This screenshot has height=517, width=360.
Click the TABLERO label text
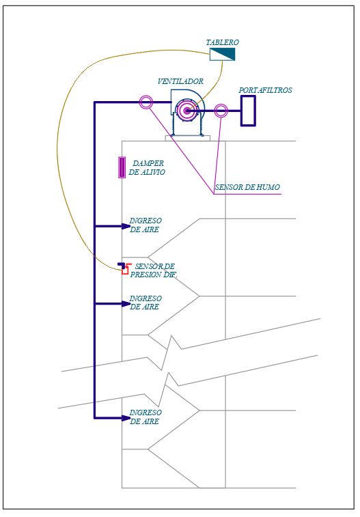pyautogui.click(x=223, y=42)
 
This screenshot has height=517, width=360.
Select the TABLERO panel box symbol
pyautogui.click(x=223, y=55)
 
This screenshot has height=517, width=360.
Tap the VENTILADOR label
pyautogui.click(x=180, y=81)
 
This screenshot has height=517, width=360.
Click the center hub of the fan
pyautogui.click(x=187, y=111)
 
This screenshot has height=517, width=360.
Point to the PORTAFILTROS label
pyautogui.click(x=265, y=90)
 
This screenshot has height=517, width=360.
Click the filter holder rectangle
pyautogui.click(x=248, y=111)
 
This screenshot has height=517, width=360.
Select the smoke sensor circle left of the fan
pyautogui.click(x=146, y=102)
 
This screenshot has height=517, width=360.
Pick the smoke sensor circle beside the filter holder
pyautogui.click(x=221, y=111)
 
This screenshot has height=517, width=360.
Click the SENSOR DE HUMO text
pyautogui.click(x=247, y=187)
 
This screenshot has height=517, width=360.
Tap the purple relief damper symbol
pyautogui.click(x=122, y=167)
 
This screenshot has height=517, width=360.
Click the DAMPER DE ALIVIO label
pyautogui.click(x=147, y=167)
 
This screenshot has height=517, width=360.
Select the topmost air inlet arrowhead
pyautogui.click(x=126, y=226)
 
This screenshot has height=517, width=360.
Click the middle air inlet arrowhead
pyautogui.click(x=126, y=304)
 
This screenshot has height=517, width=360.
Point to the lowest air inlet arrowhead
pyautogui.click(x=126, y=418)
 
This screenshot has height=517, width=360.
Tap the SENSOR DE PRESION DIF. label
pyautogui.click(x=154, y=270)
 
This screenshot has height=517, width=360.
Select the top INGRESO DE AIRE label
pyautogui.click(x=146, y=225)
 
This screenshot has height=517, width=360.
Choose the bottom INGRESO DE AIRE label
pyautogui.click(x=146, y=417)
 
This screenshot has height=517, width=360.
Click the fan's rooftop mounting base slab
pyautogui.click(x=188, y=138)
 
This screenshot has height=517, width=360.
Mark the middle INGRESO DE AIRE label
pyautogui.click(x=146, y=303)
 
